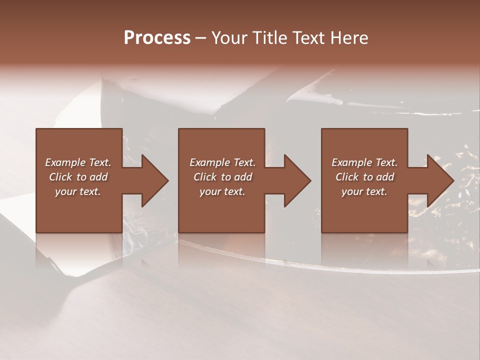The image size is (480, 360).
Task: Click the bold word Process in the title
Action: pyautogui.click(x=157, y=38)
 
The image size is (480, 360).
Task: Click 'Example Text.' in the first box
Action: pyautogui.click(x=78, y=162)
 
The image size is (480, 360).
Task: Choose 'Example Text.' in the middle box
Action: pyautogui.click(x=222, y=162)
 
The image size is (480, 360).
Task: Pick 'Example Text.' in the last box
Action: pyautogui.click(x=364, y=162)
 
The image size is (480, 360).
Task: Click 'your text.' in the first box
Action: pyautogui.click(x=78, y=191)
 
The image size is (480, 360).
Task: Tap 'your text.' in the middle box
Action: pyautogui.click(x=222, y=191)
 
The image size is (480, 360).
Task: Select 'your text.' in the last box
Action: pyautogui.click(x=364, y=191)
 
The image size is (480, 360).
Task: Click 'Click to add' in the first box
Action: pyautogui.click(x=78, y=177)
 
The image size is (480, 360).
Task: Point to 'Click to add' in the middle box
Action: pyautogui.click(x=222, y=177)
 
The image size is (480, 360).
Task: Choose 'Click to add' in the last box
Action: pyautogui.click(x=364, y=177)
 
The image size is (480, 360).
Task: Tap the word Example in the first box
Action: pyautogui.click(x=65, y=162)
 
